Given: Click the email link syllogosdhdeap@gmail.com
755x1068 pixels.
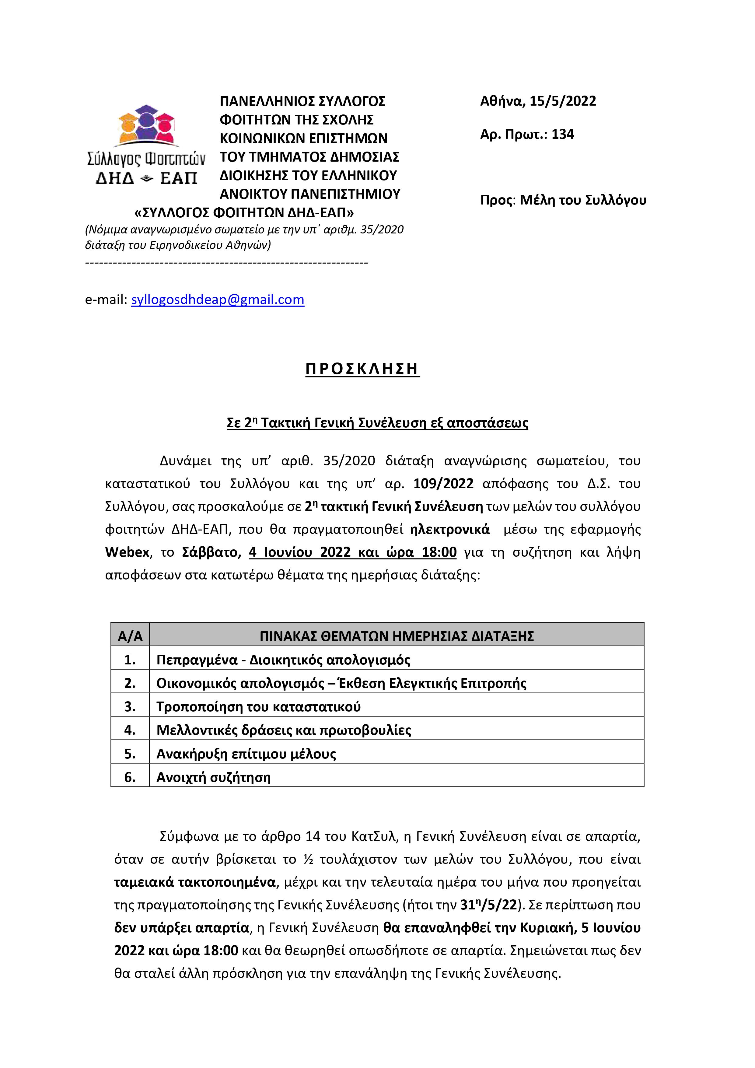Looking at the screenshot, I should [217, 299].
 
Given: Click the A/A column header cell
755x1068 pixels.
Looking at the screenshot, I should [130, 636].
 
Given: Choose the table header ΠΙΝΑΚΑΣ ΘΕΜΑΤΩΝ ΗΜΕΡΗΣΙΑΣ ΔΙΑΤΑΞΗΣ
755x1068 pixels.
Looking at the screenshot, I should [396, 636].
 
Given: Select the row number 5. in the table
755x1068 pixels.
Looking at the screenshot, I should [130, 754].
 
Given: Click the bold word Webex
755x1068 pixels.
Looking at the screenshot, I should [127, 552].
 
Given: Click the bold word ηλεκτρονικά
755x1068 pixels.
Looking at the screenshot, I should [449, 529].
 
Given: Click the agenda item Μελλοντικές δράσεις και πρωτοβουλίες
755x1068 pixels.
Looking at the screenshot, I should [284, 730].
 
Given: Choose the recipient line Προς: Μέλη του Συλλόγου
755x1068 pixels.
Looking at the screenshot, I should [563, 200].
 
